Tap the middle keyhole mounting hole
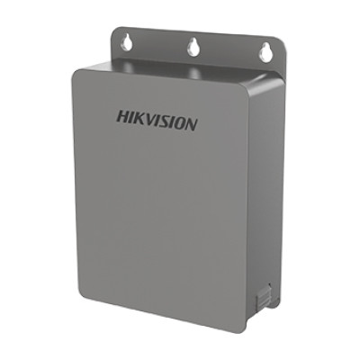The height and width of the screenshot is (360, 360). click(x=193, y=47)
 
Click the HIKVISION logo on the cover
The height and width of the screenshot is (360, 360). click(x=157, y=121)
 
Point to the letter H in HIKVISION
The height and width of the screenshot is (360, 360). click(x=122, y=117)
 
